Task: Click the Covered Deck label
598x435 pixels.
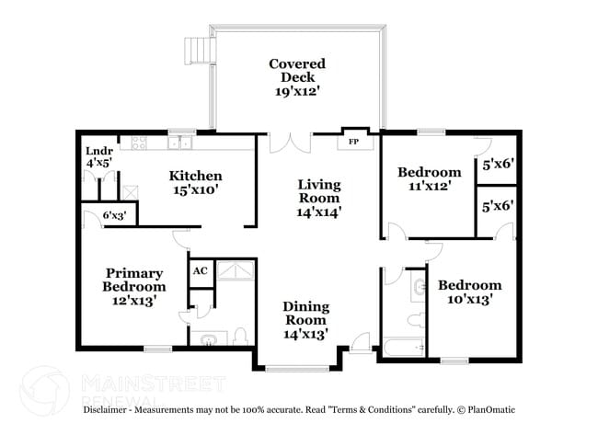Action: point(297,63)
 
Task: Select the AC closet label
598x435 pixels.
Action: point(200,271)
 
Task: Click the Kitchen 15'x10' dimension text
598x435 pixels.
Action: point(195,191)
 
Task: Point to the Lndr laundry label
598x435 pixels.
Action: point(98,152)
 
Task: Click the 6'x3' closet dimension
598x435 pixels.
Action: point(114,215)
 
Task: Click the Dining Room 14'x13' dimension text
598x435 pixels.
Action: point(305,334)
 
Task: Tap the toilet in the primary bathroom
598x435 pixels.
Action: point(240,337)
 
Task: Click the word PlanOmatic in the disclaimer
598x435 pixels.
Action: point(489,408)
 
